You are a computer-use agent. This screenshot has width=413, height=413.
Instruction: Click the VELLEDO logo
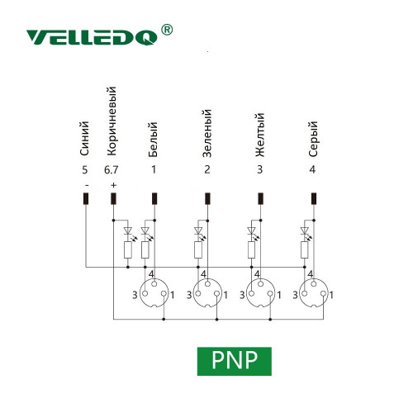(92, 37)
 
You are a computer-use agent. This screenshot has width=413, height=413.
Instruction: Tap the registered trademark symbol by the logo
(167, 30)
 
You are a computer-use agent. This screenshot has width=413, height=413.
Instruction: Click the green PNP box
(235, 361)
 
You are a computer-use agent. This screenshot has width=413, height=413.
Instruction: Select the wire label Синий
(84, 139)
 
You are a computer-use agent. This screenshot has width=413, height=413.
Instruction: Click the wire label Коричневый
(112, 121)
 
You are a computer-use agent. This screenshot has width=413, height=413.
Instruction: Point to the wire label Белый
(153, 140)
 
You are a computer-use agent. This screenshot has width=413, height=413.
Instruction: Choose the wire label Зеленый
(207, 133)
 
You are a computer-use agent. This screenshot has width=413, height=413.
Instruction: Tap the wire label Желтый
(260, 135)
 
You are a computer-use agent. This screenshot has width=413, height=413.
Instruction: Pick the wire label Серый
(313, 139)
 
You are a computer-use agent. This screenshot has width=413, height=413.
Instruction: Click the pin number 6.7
(111, 170)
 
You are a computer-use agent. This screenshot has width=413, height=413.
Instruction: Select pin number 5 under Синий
(85, 170)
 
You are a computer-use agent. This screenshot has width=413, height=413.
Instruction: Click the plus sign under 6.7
(113, 185)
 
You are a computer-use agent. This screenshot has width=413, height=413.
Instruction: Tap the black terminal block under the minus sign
(86, 198)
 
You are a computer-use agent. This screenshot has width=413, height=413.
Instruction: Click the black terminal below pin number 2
(207, 198)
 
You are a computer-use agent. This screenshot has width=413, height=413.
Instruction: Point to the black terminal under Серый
(314, 198)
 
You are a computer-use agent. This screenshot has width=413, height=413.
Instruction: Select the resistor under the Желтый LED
(251, 249)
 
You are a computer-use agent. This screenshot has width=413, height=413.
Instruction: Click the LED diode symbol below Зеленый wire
(198, 230)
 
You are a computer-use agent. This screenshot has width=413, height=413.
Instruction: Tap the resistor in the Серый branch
(304, 249)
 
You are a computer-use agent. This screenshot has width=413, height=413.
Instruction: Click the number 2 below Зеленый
(207, 169)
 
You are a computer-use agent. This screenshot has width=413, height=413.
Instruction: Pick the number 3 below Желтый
(260, 169)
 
